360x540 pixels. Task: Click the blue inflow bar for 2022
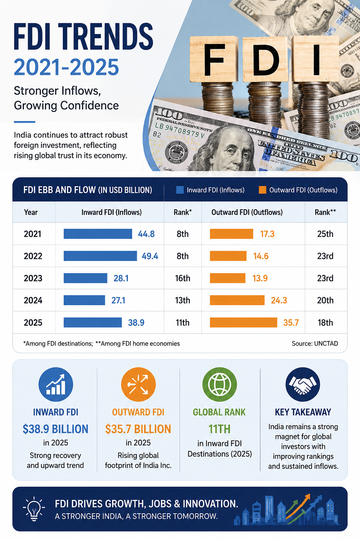point(100,256)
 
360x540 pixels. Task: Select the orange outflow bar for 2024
point(237,300)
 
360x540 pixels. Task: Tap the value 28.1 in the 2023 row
point(121,278)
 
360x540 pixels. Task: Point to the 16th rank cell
point(182,278)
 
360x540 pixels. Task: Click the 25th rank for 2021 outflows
point(325,234)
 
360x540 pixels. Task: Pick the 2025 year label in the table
point(33,322)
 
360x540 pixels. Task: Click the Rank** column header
point(325,212)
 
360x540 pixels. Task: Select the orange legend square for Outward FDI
point(262,190)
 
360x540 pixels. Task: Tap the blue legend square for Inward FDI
point(180,190)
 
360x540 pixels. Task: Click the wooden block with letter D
point(265,59)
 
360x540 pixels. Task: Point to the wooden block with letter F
point(214,59)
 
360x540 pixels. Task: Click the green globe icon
point(219,385)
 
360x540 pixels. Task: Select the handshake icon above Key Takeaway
point(303,385)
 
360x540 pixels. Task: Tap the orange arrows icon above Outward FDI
point(138,385)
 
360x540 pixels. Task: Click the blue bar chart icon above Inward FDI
point(56,385)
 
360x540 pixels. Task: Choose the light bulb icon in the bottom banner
point(34,509)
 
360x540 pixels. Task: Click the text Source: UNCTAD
point(315,343)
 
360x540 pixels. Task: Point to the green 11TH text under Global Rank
point(219,429)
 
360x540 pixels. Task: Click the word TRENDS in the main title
point(105,37)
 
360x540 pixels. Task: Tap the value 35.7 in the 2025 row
point(291,322)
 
